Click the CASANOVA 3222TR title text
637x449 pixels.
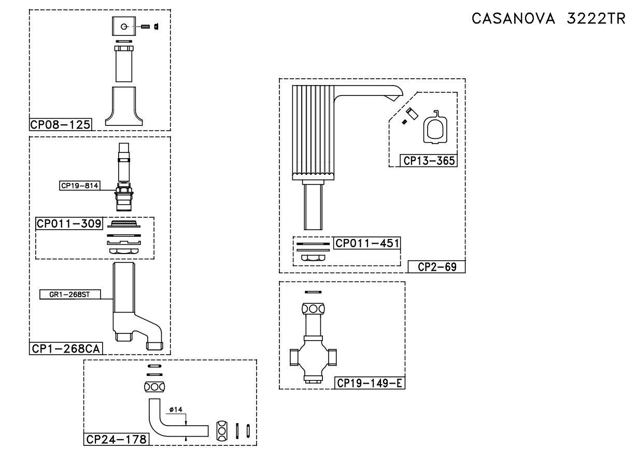[x=548, y=19]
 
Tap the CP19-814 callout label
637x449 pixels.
[x=79, y=184]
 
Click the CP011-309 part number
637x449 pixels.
[x=69, y=223]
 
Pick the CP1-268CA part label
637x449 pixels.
[x=65, y=349]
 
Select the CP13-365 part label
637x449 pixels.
[x=428, y=161]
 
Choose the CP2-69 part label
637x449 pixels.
[x=436, y=267]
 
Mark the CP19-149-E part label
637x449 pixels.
[x=369, y=383]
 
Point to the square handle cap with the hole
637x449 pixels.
[x=124, y=27]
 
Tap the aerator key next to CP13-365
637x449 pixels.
[x=434, y=128]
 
